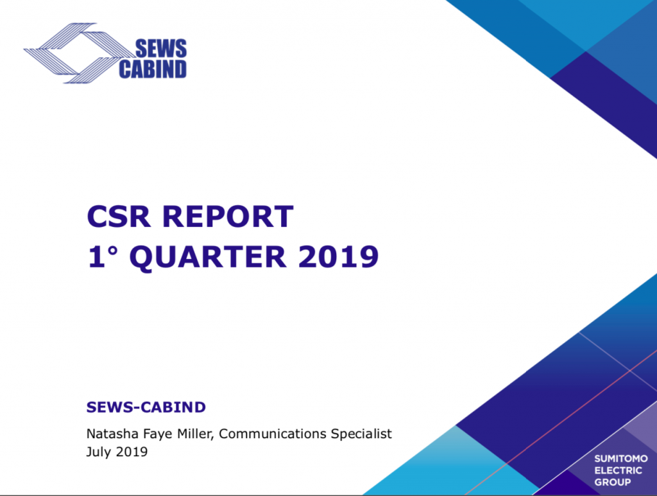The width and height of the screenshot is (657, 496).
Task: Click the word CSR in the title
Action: pos(118,217)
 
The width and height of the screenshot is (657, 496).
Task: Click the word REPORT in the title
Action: pos(228,217)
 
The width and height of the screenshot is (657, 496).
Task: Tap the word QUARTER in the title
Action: pos(208,256)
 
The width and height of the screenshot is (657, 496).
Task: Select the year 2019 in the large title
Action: pos(339,256)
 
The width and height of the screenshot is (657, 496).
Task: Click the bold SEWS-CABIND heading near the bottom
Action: pos(146,407)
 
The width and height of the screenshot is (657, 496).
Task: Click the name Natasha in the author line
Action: pos(112,434)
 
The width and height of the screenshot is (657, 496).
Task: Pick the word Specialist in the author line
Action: pos(361,434)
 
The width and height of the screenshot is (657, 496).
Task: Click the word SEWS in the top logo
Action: pos(161,49)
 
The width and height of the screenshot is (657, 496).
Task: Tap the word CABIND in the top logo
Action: pos(153,69)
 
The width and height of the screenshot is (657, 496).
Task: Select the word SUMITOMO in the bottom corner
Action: pos(621,459)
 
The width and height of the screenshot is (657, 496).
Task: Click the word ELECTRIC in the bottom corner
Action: pos(618,470)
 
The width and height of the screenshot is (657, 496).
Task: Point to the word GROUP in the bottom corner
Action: pos(613,482)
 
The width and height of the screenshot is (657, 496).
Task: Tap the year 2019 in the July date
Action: pos(132,452)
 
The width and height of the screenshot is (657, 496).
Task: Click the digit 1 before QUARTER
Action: pos(96,256)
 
